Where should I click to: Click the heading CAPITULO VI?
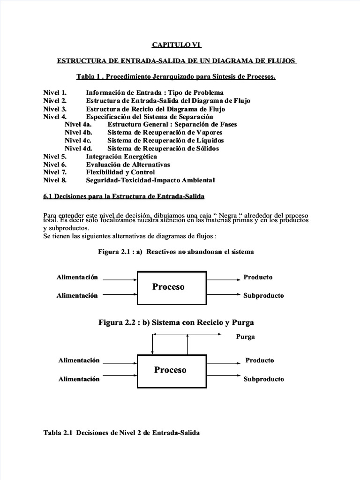click(x=176, y=45)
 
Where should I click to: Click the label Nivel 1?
click(x=55, y=93)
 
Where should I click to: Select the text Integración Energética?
click(x=121, y=157)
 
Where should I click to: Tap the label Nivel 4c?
click(x=78, y=140)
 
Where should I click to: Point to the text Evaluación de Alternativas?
click(x=128, y=165)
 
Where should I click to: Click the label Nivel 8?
click(x=55, y=180)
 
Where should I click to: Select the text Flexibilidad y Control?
click(x=120, y=172)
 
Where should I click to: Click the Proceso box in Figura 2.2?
click(x=170, y=370)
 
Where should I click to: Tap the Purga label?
click(x=246, y=337)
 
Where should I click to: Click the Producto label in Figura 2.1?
click(x=258, y=277)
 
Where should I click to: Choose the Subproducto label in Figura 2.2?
click(x=263, y=379)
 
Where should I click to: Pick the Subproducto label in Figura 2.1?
click(x=263, y=296)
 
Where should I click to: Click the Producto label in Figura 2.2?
click(x=260, y=360)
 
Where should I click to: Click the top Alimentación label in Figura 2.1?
click(x=77, y=277)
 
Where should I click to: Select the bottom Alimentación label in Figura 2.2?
click(x=79, y=379)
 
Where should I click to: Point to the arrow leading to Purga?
click(x=187, y=334)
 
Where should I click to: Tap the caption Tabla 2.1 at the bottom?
click(x=121, y=433)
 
